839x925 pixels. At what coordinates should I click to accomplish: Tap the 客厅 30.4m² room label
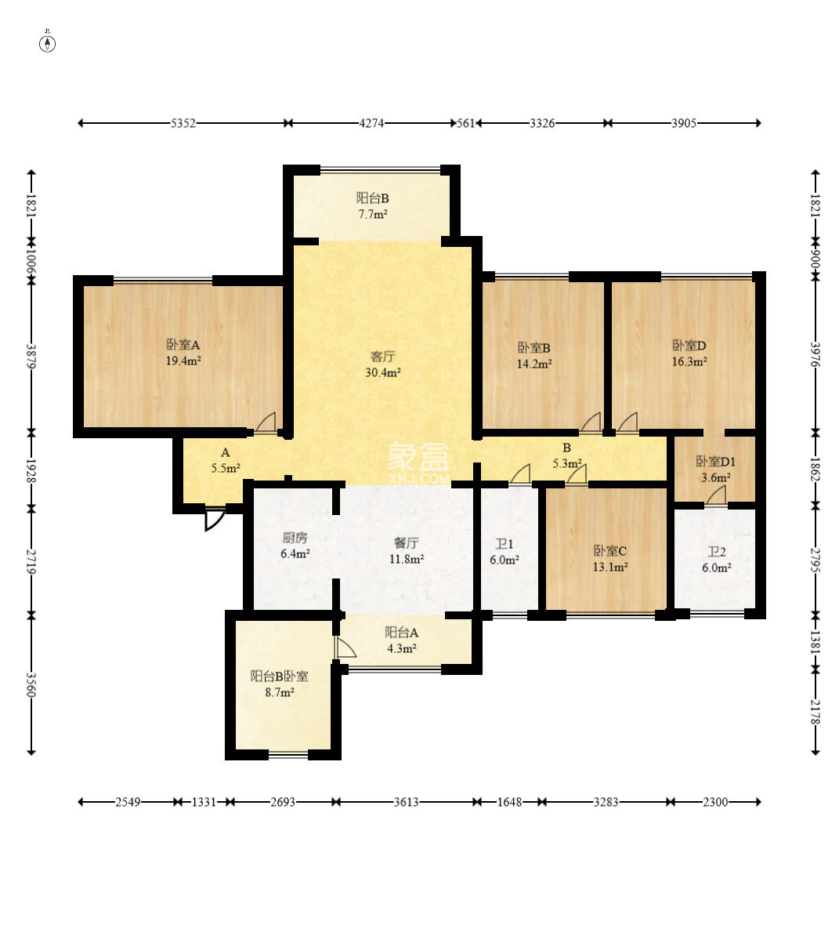pyautogui.click(x=382, y=364)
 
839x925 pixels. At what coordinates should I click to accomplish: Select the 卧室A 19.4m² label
pyautogui.click(x=183, y=352)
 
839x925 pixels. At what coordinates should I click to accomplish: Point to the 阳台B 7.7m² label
pyautogui.click(x=373, y=206)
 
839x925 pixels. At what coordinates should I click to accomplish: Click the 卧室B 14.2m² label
pyautogui.click(x=534, y=356)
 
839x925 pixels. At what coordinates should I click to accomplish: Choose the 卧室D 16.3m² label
pyautogui.click(x=689, y=353)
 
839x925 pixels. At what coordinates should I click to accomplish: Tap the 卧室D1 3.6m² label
pyautogui.click(x=716, y=469)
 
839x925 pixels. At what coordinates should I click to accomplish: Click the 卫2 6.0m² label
pyautogui.click(x=717, y=559)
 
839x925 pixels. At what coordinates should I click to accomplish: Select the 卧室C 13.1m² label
pyautogui.click(x=609, y=558)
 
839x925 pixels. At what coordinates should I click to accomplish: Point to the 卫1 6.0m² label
pyautogui.click(x=504, y=552)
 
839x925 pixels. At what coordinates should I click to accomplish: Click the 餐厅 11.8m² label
pyautogui.click(x=407, y=550)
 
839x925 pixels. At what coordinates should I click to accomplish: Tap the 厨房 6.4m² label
pyautogui.click(x=295, y=545)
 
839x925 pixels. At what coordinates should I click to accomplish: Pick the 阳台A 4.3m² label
pyautogui.click(x=402, y=640)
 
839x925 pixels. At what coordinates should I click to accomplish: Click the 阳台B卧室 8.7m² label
pyautogui.click(x=280, y=684)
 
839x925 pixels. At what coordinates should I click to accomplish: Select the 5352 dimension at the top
pyautogui.click(x=183, y=123)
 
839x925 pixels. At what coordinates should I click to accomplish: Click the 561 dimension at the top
pyautogui.click(x=466, y=123)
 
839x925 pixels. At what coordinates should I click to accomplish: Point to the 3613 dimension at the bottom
pyautogui.click(x=407, y=802)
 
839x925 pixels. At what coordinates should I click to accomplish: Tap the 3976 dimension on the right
pyautogui.click(x=815, y=355)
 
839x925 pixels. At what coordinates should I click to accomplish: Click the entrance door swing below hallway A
pyautogui.click(x=214, y=518)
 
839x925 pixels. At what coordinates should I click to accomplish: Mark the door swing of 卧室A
pyautogui.click(x=266, y=423)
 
